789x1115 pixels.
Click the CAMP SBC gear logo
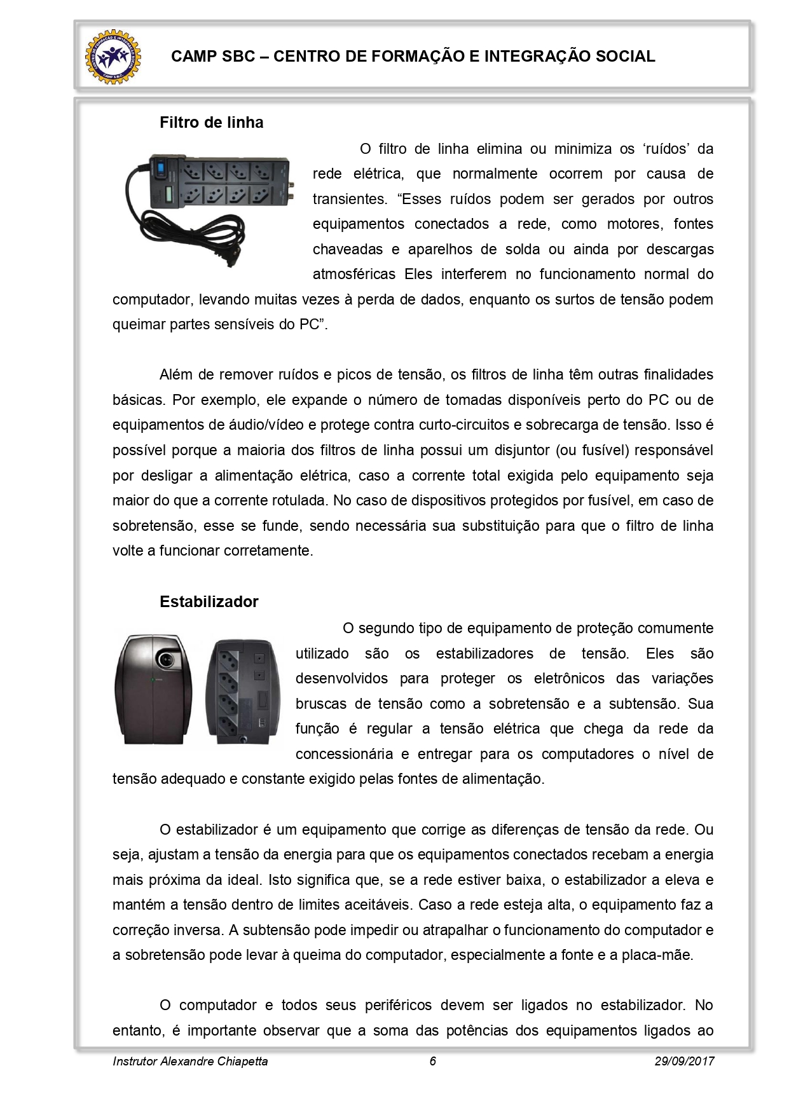point(113,57)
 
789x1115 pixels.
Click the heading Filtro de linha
point(211,123)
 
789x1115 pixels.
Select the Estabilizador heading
point(209,602)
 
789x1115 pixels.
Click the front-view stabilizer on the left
point(153,689)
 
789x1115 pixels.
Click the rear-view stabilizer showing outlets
point(242,691)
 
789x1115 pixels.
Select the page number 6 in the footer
point(433,1061)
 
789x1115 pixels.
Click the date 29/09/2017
point(684,1061)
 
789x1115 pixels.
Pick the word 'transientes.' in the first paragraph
point(350,199)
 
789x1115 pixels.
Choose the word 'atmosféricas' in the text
point(353,274)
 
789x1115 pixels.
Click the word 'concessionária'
point(344,754)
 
